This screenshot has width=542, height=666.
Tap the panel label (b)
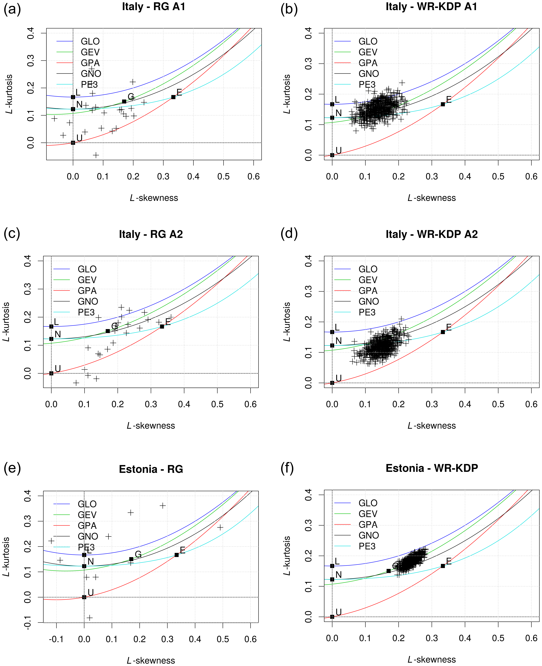click(289, 9)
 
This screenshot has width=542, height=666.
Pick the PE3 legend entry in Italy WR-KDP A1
click(367, 84)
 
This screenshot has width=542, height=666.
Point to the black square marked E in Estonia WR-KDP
click(443, 566)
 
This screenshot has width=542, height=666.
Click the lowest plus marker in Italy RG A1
click(96, 155)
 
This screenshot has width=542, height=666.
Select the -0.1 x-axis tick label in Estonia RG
click(56, 639)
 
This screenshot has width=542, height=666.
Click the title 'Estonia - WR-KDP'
click(432, 468)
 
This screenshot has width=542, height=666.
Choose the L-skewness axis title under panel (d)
click(432, 426)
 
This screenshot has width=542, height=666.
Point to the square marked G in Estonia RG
click(131, 559)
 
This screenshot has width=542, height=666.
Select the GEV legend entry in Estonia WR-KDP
click(368, 514)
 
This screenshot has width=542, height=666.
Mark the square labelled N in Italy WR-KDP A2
click(332, 345)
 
